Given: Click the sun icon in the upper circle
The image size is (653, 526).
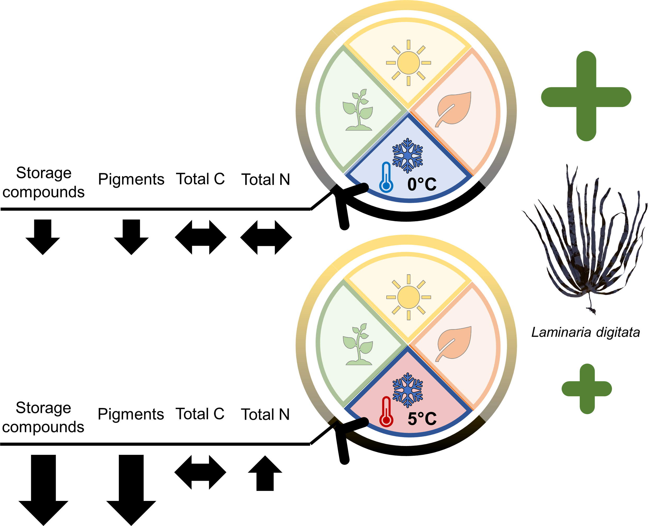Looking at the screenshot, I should coord(408,63).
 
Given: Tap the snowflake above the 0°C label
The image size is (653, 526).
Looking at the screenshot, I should coord(407,156).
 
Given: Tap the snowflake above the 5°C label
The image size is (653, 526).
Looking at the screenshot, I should coord(407,390).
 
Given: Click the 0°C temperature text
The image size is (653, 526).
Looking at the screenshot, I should coord(422,184).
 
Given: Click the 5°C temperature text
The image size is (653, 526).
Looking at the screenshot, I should coord(422,418).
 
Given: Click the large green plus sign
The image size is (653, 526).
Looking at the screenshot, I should coord(586,96).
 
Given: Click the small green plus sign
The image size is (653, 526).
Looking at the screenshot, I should coord(587,389).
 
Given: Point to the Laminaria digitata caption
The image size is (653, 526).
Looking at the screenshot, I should coord(585,332).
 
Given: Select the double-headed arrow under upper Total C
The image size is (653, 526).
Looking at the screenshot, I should coord(201,237).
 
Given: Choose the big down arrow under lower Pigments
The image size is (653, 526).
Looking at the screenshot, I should coord(131,488).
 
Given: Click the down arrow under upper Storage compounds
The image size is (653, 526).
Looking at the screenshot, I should coord(43,237).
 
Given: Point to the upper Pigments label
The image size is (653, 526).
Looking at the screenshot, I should coord(131,179).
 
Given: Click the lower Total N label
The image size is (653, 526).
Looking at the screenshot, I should coord(265,414).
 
